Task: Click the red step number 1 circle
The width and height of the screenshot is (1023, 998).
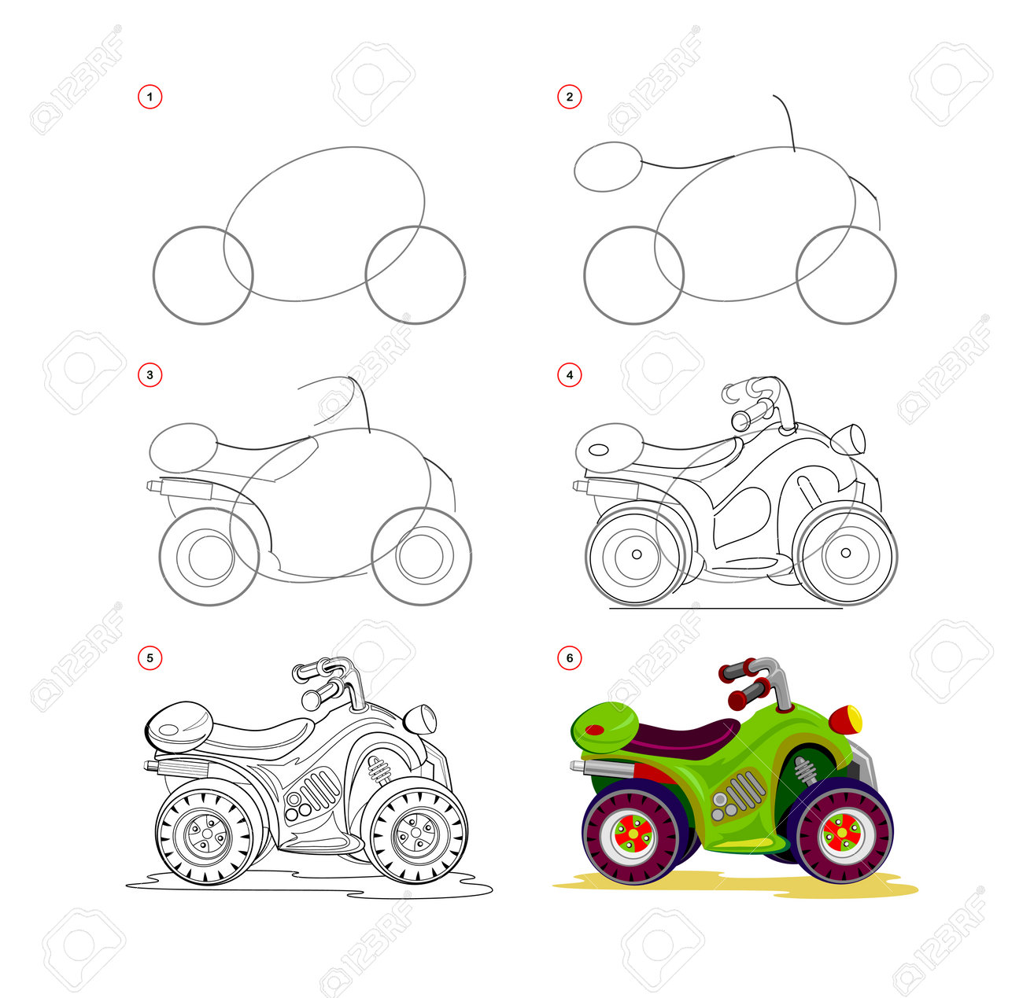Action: click(x=150, y=97)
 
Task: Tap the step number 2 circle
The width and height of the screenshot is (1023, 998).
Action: click(x=569, y=97)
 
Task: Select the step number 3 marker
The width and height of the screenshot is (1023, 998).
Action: click(x=150, y=375)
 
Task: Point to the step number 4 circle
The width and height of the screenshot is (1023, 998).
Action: click(x=569, y=375)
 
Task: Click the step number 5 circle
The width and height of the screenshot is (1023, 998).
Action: click(x=150, y=658)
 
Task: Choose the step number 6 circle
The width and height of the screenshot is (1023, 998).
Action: click(x=569, y=658)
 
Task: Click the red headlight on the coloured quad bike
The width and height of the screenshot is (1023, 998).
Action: click(x=845, y=720)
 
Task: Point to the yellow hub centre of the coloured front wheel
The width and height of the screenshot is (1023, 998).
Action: click(x=842, y=834)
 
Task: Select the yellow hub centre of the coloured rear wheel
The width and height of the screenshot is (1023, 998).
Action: click(x=633, y=834)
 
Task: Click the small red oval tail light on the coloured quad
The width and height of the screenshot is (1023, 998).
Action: click(x=595, y=730)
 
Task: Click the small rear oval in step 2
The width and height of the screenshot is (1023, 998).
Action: click(x=608, y=167)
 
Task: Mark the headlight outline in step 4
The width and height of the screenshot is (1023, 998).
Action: click(x=848, y=439)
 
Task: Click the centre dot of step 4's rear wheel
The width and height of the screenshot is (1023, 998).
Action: click(x=637, y=554)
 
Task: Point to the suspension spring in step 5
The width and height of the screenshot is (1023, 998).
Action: click(x=378, y=771)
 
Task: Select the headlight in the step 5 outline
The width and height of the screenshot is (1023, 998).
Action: click(x=420, y=720)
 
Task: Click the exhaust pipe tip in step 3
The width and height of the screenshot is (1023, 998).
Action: click(x=153, y=486)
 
